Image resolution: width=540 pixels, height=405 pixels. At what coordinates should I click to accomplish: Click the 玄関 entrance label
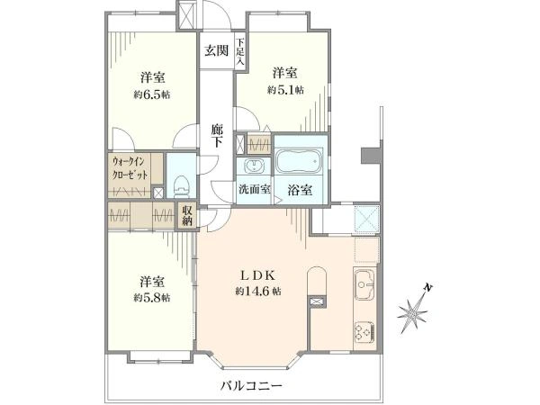pyautogui.click(x=217, y=51)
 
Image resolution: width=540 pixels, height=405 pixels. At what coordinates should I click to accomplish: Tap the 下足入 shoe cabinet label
pyautogui.click(x=240, y=52)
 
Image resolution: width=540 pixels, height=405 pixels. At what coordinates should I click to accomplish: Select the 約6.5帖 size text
pyautogui.click(x=151, y=94)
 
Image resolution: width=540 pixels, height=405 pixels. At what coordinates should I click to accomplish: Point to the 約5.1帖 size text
pyautogui.click(x=285, y=90)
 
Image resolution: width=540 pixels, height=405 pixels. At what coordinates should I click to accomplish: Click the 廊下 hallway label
pyautogui.click(x=217, y=137)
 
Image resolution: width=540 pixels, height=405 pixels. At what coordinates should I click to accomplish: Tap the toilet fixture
pyautogui.click(x=181, y=187)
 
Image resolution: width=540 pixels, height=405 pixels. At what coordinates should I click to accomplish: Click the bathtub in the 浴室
pyautogui.click(x=299, y=161)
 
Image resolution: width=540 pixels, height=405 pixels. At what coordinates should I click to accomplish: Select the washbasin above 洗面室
pyautogui.click(x=254, y=166)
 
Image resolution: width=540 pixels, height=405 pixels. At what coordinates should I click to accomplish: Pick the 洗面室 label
pyautogui.click(x=255, y=189)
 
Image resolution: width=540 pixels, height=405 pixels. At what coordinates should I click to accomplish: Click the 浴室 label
pyautogui.click(x=300, y=190)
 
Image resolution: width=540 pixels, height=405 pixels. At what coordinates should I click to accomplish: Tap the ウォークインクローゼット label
pyautogui.click(x=130, y=167)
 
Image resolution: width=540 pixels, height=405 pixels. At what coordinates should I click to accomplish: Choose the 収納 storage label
pyautogui.click(x=187, y=216)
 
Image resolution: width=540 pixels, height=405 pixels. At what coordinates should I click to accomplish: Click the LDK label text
pyautogui.click(x=257, y=275)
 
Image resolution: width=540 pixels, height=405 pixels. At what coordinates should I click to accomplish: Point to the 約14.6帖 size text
pyautogui.click(x=258, y=292)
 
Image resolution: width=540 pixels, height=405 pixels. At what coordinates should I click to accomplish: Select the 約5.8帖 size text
pyautogui.click(x=151, y=298)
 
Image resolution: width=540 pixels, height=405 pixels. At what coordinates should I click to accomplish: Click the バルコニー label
pyautogui.click(x=251, y=385)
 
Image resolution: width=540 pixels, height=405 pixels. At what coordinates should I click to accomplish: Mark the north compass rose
pyautogui.click(x=412, y=313)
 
